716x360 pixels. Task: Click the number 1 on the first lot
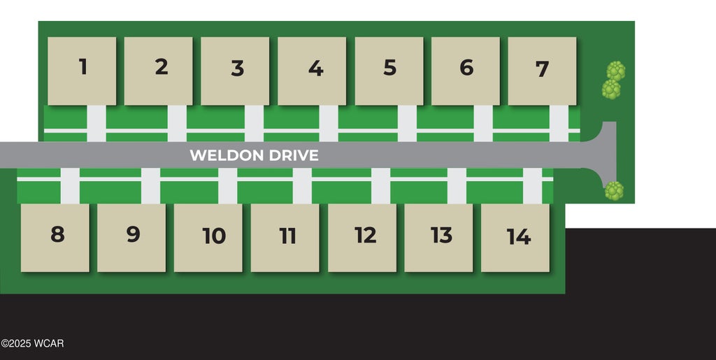point(83,66)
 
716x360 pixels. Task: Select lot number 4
point(312,71)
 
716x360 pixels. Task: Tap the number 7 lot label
point(542,69)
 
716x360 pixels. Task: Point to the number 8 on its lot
point(57,234)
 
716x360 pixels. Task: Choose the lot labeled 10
point(208,238)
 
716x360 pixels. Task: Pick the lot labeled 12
point(362,238)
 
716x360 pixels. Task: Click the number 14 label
point(519,237)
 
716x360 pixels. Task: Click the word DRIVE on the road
point(293,155)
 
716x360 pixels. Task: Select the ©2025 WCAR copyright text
point(32,344)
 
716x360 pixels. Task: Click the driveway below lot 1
point(96,124)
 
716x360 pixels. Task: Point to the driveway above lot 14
point(532,186)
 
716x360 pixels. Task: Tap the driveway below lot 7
point(559,124)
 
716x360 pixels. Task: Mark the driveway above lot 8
point(70,186)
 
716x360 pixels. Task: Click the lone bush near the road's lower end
point(614,191)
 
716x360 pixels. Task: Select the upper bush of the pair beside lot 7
point(616,71)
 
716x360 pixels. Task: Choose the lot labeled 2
point(159,71)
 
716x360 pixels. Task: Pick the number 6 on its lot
point(466,68)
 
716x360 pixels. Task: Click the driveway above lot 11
point(302,186)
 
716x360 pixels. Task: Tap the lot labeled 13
point(439,238)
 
